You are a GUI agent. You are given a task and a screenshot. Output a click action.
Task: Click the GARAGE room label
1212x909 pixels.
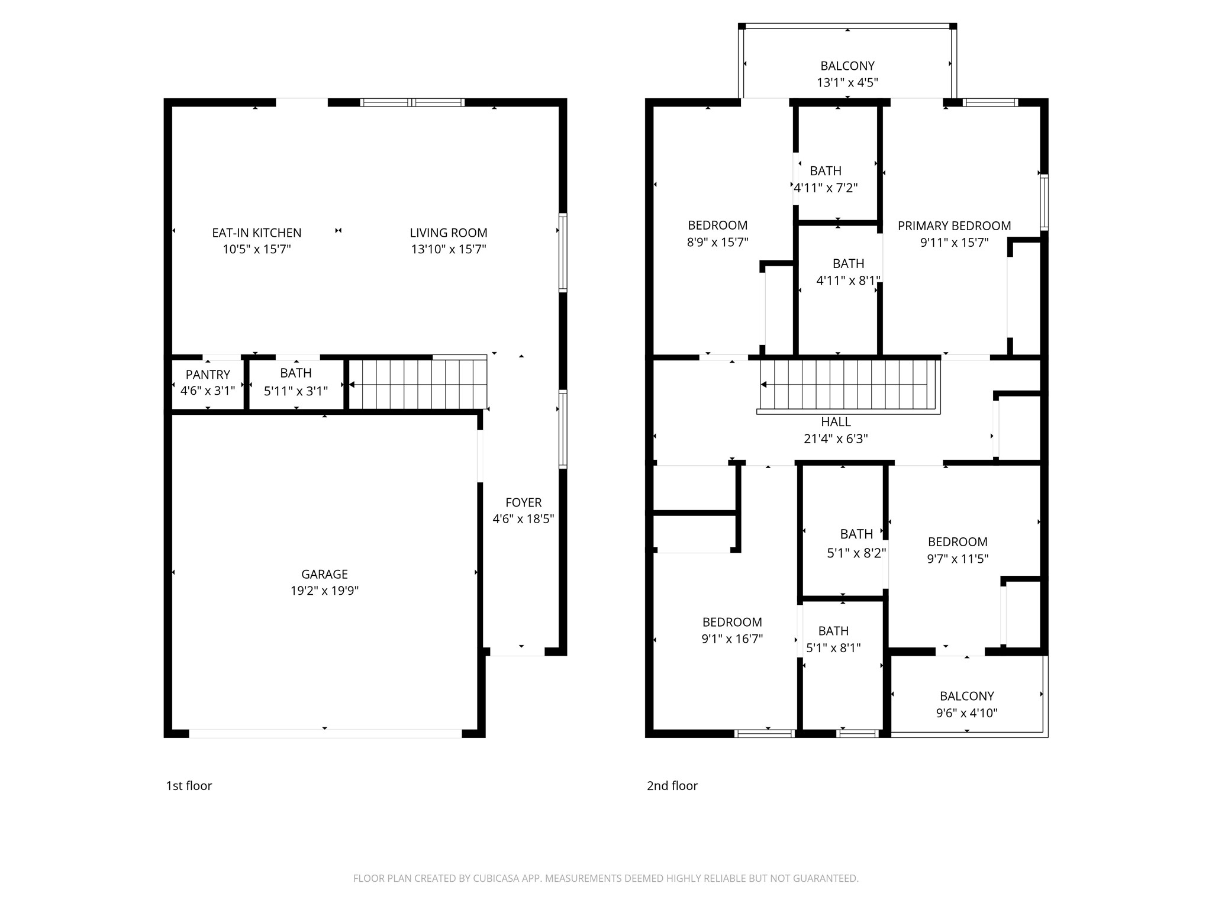tap(324, 574)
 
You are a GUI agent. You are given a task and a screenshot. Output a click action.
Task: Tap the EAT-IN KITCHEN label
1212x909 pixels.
tap(257, 233)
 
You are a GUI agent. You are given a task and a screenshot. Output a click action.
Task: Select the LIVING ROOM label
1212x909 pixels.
tap(449, 233)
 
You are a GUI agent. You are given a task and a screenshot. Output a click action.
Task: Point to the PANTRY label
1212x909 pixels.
tap(208, 375)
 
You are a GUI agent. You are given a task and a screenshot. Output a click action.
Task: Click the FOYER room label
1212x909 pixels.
tap(523, 502)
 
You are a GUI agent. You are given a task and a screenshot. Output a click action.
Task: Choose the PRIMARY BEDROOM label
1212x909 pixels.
tap(954, 226)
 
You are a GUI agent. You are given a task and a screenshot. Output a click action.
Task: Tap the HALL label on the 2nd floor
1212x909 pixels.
tap(836, 422)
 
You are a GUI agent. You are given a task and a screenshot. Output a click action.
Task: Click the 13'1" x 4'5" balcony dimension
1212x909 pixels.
tap(847, 83)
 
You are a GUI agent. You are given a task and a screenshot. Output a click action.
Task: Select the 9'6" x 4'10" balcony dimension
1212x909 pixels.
tap(966, 713)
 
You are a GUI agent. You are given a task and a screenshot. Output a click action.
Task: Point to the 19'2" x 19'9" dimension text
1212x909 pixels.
tap(324, 591)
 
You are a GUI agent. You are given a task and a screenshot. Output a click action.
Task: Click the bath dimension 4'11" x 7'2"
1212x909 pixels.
tap(826, 188)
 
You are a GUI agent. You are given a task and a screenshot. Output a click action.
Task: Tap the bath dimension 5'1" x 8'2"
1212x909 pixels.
tap(856, 553)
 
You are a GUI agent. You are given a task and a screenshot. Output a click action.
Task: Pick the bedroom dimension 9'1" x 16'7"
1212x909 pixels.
tap(732, 639)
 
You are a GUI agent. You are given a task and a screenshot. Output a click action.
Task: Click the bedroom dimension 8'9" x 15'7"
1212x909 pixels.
tap(717, 242)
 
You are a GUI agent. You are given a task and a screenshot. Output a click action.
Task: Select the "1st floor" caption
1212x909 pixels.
tap(189, 786)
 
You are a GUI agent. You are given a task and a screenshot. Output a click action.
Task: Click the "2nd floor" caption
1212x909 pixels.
tap(672, 786)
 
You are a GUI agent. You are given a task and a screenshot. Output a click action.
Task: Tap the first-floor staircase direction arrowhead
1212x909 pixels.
tap(352, 385)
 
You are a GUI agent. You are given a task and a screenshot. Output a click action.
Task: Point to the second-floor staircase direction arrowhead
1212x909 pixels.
tap(763, 385)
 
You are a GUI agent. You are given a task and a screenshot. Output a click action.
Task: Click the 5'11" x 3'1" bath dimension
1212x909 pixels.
tap(295, 391)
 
